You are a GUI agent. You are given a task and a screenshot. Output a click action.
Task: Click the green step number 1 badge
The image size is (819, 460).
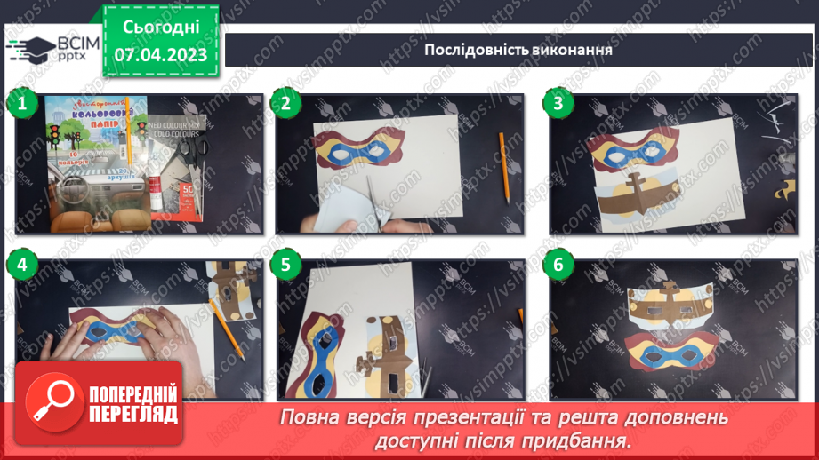pyautogui.click(x=21, y=104)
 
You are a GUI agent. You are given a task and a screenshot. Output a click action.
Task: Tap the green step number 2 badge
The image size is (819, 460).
pyautogui.click(x=285, y=104)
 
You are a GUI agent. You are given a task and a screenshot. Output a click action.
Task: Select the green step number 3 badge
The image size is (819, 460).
pyautogui.click(x=558, y=104)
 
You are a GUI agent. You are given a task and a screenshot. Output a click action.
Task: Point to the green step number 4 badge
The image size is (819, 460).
pyautogui.click(x=21, y=264)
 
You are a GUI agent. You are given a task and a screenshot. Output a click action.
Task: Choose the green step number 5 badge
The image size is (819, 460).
pyautogui.click(x=285, y=264)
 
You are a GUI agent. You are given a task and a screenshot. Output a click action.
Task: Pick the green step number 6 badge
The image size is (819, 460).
pyautogui.click(x=558, y=264)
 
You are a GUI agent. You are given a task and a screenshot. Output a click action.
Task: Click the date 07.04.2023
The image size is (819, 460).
pyautogui.click(x=161, y=55)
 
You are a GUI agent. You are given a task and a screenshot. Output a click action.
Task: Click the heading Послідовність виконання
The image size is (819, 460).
pyautogui.click(x=518, y=49)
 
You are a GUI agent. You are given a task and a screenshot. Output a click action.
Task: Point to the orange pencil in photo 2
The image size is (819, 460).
pyautogui.click(x=503, y=165)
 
